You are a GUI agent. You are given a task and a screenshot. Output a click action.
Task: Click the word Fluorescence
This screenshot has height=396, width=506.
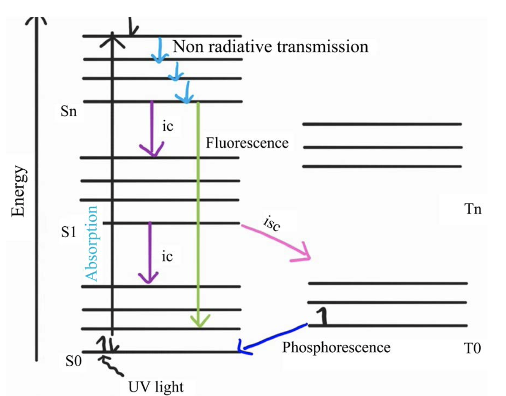[x=247, y=143]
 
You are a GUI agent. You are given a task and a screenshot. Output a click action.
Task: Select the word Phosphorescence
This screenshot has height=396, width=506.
[x=336, y=348]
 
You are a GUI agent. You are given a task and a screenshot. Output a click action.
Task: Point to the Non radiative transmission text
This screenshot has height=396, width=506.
[x=270, y=46]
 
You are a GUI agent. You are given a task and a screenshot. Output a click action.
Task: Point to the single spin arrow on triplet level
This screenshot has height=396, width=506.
[x=321, y=317]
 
